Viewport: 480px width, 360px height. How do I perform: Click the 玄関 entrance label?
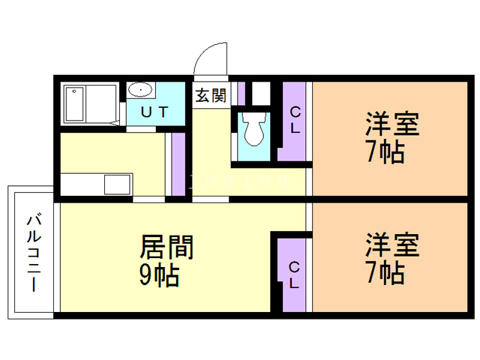pyautogui.click(x=211, y=95)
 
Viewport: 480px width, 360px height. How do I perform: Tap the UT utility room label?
pyautogui.click(x=154, y=112)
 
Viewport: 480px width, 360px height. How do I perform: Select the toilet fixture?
pyautogui.click(x=254, y=129)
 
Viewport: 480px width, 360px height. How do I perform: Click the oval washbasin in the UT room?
pyautogui.click(x=140, y=90)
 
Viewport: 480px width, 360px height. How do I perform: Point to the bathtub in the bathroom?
pyautogui.click(x=74, y=104)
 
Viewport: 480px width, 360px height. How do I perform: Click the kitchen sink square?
pyautogui.click(x=117, y=184)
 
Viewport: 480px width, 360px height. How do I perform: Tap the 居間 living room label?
pyautogui.click(x=166, y=247)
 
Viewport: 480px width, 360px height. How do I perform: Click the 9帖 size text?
pyautogui.click(x=159, y=275)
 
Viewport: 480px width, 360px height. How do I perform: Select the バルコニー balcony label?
pyautogui.click(x=34, y=253)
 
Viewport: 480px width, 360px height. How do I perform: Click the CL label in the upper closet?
pyautogui.click(x=295, y=120)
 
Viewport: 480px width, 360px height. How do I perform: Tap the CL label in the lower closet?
pyautogui.click(x=294, y=275)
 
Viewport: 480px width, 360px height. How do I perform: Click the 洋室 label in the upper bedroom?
pyautogui.click(x=392, y=124)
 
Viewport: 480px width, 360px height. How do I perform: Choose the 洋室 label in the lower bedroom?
pyautogui.click(x=392, y=245)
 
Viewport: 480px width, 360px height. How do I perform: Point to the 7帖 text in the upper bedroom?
pyautogui.click(x=385, y=152)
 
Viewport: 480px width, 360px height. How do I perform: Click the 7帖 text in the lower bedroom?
pyautogui.click(x=385, y=273)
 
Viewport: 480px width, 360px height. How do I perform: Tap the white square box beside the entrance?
pyautogui.click(x=261, y=93)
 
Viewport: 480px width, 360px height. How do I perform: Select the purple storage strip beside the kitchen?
pyautogui.click(x=178, y=164)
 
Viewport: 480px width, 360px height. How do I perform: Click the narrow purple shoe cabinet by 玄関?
pyautogui.click(x=241, y=93)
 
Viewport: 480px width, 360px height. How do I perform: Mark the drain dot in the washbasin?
pyautogui.click(x=140, y=90)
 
